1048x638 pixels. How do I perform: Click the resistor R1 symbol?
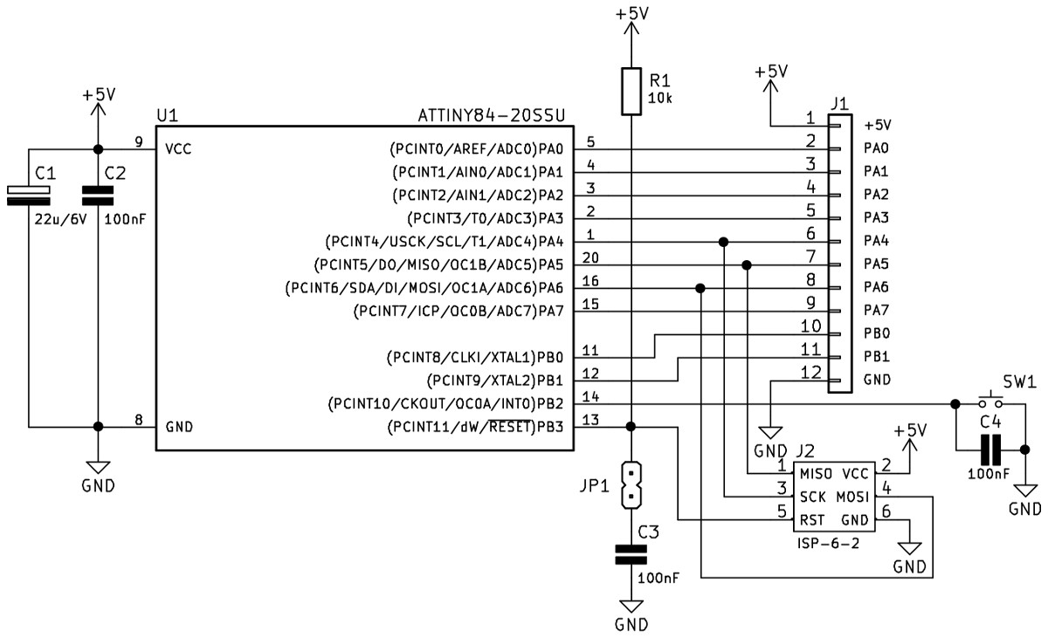click(x=631, y=91)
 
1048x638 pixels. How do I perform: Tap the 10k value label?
click(x=660, y=98)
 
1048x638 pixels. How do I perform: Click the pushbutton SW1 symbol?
click(x=991, y=401)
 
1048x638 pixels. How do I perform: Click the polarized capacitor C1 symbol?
click(x=29, y=196)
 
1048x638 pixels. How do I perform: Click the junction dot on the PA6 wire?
click(x=700, y=288)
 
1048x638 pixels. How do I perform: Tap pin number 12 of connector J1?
click(x=810, y=372)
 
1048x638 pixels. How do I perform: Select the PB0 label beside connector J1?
click(x=876, y=333)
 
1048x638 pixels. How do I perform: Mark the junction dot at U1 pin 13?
click(x=631, y=427)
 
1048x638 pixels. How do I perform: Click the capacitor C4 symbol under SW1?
click(x=989, y=450)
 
